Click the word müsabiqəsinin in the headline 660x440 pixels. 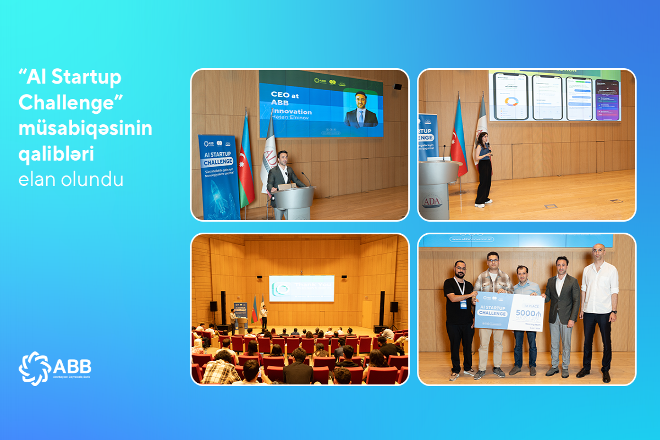[x=85, y=129]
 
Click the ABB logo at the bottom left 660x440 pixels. [x=55, y=368]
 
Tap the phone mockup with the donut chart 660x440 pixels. [x=510, y=96]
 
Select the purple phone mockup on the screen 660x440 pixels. [x=607, y=100]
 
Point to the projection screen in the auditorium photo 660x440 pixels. [x=301, y=288]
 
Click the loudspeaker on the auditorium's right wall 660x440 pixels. [x=394, y=307]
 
